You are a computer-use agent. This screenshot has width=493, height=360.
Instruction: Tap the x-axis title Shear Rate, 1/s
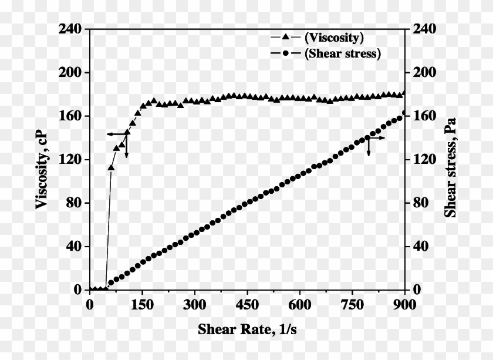pyautogui.click(x=247, y=329)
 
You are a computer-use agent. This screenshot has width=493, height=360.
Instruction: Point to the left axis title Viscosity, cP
pyautogui.click(x=42, y=159)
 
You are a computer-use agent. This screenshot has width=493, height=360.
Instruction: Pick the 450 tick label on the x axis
pyautogui.click(x=247, y=304)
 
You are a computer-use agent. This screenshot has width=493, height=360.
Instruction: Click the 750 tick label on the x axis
pyautogui.click(x=352, y=304)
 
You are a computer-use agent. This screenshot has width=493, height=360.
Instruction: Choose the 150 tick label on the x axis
pyautogui.click(x=142, y=304)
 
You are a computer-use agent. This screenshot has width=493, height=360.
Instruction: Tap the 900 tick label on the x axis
pyautogui.click(x=404, y=304)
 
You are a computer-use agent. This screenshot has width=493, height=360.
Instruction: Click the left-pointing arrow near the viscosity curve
pyautogui.click(x=112, y=134)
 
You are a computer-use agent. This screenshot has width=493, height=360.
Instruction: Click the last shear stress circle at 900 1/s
pyautogui.click(x=404, y=113)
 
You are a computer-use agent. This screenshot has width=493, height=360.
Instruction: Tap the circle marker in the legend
pyautogui.click(x=286, y=53)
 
